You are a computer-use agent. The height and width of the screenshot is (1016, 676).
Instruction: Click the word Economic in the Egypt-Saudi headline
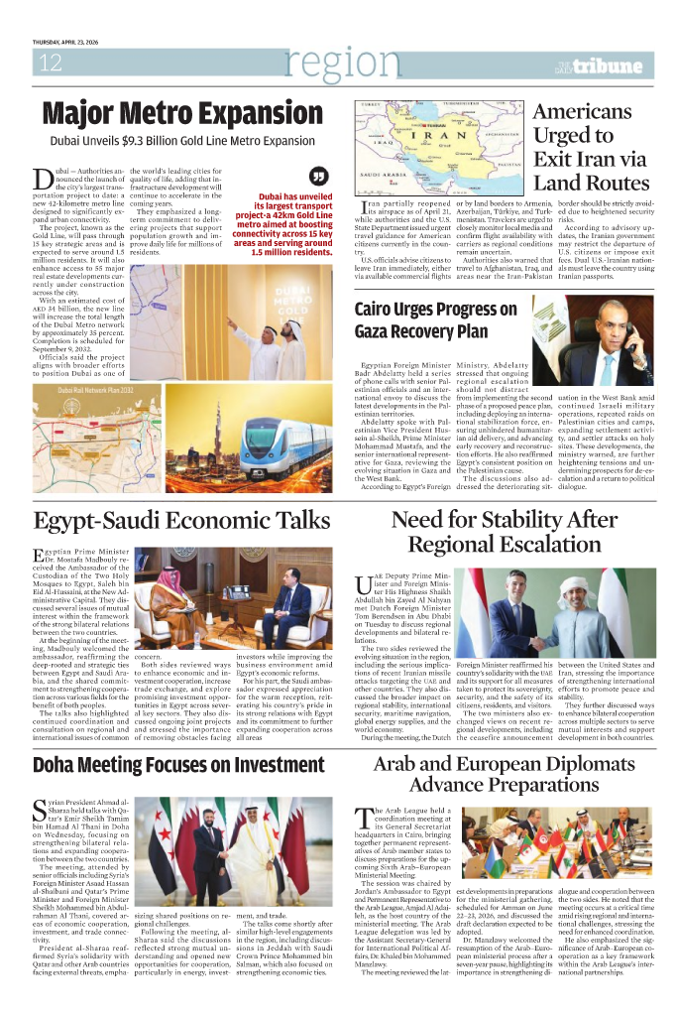tap(208, 521)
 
